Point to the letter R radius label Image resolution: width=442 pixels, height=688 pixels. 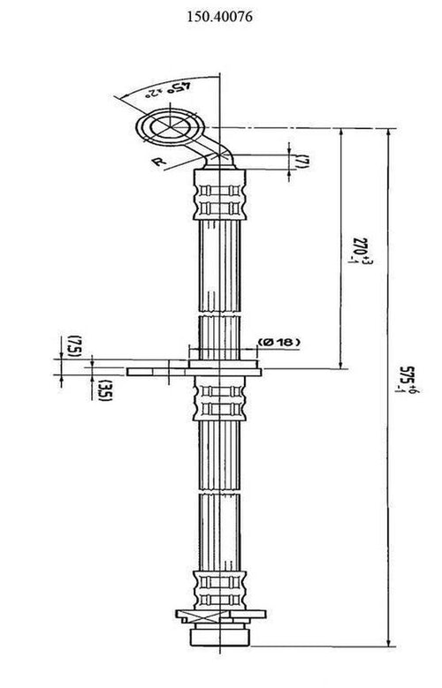pos(156,161)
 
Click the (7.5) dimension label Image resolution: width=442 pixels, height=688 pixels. pos(77,345)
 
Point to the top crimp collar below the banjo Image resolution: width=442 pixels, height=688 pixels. pos(216,193)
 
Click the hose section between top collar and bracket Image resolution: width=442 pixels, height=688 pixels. pos(216,265)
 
